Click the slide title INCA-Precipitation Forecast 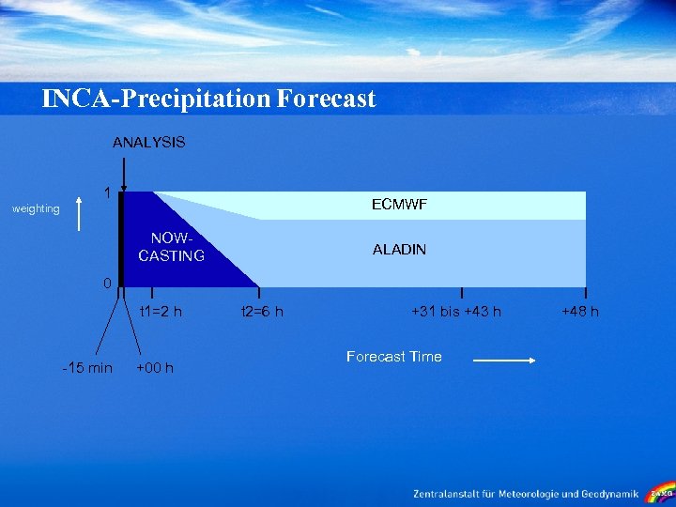[x=208, y=99]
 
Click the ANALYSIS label [x=148, y=143]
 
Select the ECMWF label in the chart [x=399, y=204]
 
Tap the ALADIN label [x=399, y=249]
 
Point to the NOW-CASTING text [x=171, y=247]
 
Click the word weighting [x=36, y=208]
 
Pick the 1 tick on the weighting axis [x=108, y=193]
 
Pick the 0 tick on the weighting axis [x=108, y=283]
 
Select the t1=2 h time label [x=160, y=312]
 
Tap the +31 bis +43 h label [x=456, y=312]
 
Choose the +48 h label [x=580, y=312]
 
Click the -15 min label [x=86, y=367]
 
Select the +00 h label [x=155, y=367]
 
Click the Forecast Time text [x=393, y=357]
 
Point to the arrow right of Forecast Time [x=503, y=360]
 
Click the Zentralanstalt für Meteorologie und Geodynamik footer [x=526, y=493]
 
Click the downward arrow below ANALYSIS [x=123, y=174]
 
